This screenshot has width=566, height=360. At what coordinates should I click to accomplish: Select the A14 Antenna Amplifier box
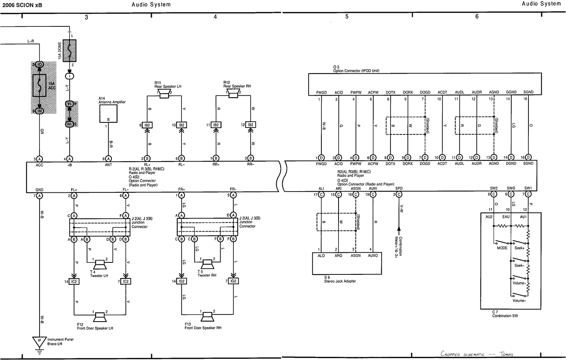click(x=108, y=114)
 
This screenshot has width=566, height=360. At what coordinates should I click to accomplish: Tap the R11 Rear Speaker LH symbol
click(x=164, y=94)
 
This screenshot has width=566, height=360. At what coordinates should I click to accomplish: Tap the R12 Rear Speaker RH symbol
click(x=233, y=94)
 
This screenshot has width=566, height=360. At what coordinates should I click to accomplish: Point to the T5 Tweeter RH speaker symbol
click(x=207, y=264)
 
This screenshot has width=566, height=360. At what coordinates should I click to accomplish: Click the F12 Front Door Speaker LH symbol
click(x=100, y=317)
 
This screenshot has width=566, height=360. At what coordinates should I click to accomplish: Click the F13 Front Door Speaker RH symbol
click(x=207, y=317)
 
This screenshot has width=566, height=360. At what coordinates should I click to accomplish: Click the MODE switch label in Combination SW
click(x=502, y=248)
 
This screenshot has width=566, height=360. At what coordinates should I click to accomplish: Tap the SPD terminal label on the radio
click(x=399, y=188)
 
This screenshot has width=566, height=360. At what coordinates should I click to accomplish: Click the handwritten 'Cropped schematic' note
click(x=476, y=354)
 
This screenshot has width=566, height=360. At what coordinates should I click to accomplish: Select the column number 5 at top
click(x=347, y=17)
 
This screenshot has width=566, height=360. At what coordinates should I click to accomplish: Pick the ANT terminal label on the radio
click(x=108, y=164)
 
